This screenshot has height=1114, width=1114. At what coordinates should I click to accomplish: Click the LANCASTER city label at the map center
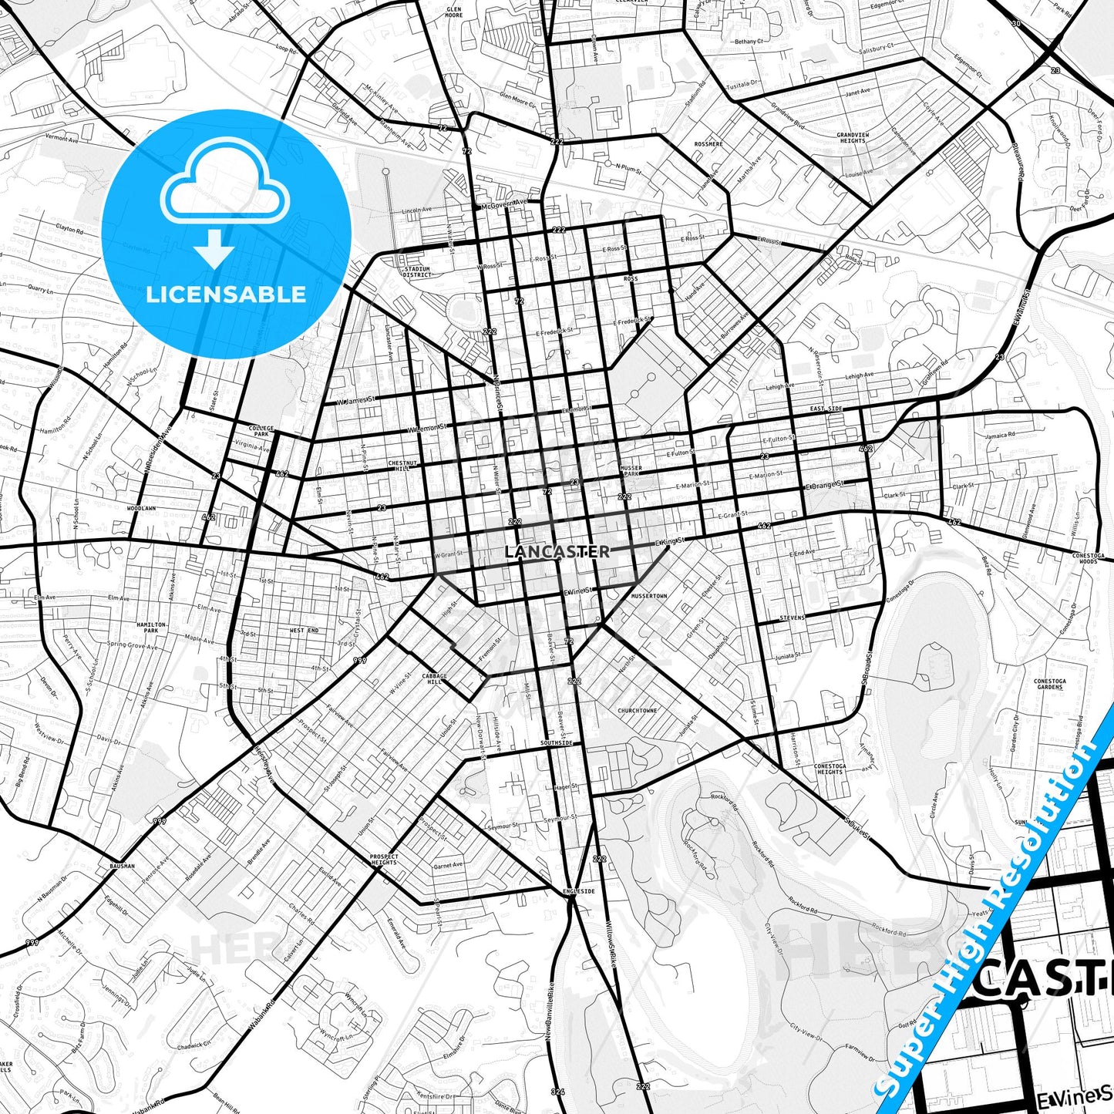pos(557,552)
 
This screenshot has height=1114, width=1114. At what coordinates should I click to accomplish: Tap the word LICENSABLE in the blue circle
pos(226,294)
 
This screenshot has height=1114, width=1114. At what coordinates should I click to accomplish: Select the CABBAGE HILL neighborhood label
pos(434,678)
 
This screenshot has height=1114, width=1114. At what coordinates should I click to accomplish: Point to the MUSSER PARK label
pos(630,470)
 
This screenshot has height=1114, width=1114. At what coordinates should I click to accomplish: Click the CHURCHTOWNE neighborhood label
pos(638,711)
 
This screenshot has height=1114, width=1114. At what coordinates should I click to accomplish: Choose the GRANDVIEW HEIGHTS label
pos(853,138)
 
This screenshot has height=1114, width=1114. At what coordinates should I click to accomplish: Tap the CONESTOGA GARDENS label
pos(1049,684)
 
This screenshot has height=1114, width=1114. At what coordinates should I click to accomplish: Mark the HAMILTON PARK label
pos(151,628)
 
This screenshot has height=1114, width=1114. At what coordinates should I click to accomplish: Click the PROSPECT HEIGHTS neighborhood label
pos(384,859)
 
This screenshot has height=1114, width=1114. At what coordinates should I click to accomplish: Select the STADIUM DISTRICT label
pos(417,272)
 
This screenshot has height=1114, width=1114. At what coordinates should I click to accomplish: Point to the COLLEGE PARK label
pos(261,430)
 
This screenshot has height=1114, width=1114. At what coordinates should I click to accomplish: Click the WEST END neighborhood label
pos(304,631)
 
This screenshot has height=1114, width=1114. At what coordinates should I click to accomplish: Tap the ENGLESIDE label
pos(579,891)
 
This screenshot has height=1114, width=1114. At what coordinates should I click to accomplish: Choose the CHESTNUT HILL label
pos(402,466)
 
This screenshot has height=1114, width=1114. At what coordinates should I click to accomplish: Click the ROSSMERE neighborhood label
pos(708,144)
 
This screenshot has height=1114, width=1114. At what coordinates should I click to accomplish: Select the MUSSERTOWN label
pos(648,596)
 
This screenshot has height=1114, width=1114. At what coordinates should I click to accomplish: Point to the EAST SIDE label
pos(826,409)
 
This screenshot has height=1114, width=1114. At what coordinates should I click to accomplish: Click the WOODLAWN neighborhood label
pos(141,509)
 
